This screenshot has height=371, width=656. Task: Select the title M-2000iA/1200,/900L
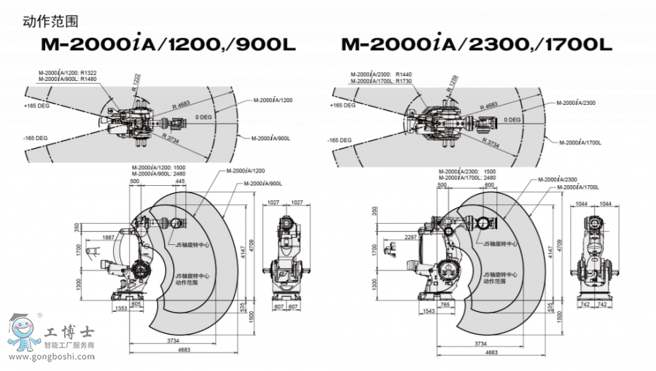tap(168, 46)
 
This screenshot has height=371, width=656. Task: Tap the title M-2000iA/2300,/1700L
tap(477, 46)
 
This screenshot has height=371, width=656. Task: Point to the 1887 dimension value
tap(109, 238)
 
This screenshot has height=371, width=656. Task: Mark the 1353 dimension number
tap(121, 309)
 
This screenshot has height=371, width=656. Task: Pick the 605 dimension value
tap(137, 303)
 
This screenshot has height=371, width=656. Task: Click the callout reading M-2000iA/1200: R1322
tap(67, 73)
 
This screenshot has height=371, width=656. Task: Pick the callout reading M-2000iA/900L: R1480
tap(67, 79)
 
